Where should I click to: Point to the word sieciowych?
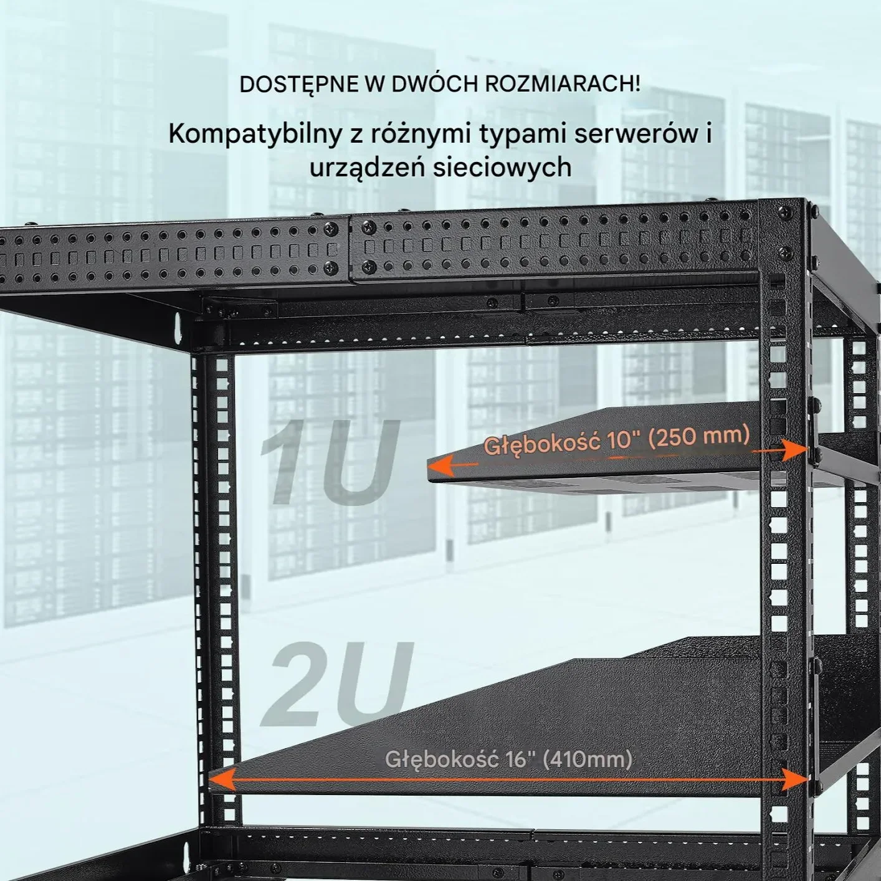coord(502,168)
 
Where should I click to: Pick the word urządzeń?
coord(366,168)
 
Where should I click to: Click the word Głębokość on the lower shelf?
coord(441,760)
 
